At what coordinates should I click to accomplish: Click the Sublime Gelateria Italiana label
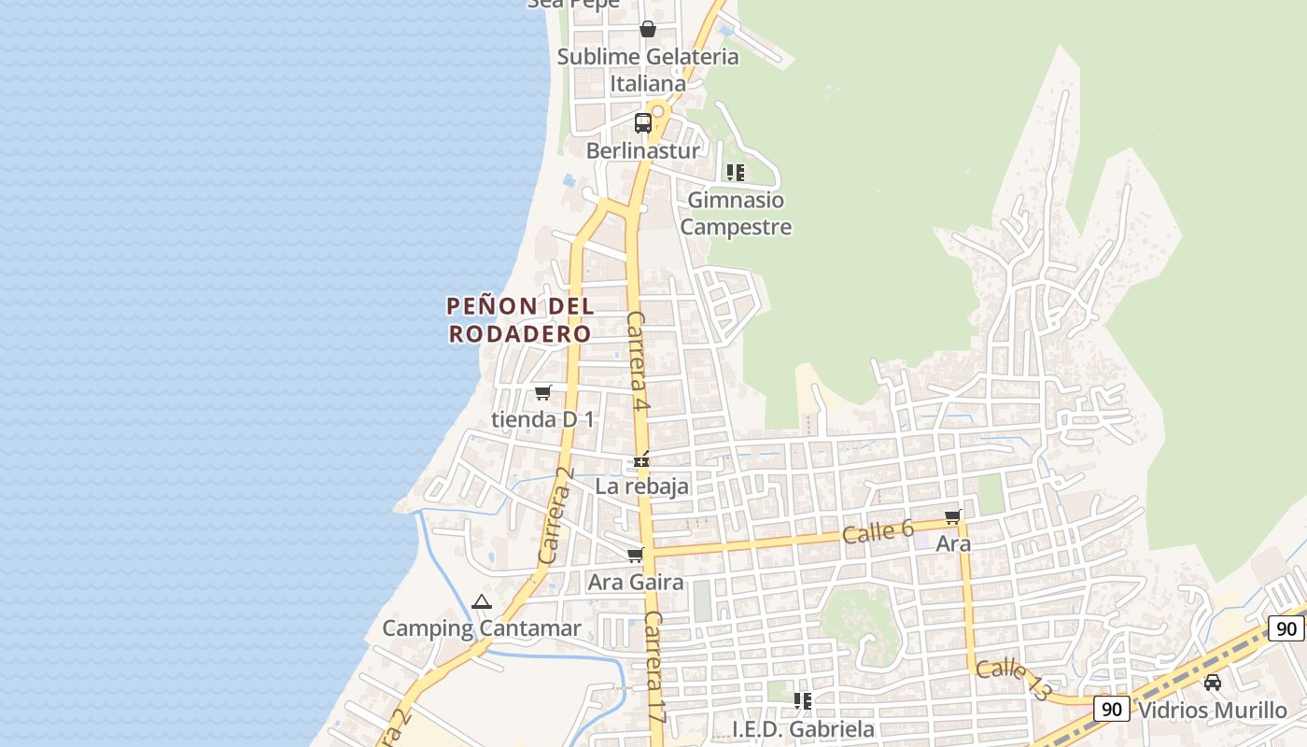pos(648,70)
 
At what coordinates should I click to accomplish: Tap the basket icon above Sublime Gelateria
pos(648,29)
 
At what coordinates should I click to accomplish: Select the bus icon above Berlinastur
pos(643,122)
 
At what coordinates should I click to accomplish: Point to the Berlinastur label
pos(643,150)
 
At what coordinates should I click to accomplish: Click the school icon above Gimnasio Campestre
pos(736,173)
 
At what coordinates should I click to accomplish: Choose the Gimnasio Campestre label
pos(736,213)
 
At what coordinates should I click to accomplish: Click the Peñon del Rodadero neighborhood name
pos(520,319)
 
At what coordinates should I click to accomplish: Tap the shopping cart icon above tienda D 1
pos(543,392)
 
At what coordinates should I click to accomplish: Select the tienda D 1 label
pos(542,419)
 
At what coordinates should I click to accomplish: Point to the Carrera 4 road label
pos(638,361)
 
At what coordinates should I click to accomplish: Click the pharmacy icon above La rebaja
pos(642,459)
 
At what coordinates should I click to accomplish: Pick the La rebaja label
pos(642,486)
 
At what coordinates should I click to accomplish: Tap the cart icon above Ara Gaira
pos(636,556)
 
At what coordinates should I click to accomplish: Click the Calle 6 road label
pos(878,532)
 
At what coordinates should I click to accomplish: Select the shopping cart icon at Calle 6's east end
pos(953,516)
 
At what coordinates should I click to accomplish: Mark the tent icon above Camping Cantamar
pos(482,602)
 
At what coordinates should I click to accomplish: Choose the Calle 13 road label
pos(1013,679)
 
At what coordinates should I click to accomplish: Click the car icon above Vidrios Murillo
pos(1213,683)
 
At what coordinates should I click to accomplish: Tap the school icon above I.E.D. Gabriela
pos(802,701)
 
